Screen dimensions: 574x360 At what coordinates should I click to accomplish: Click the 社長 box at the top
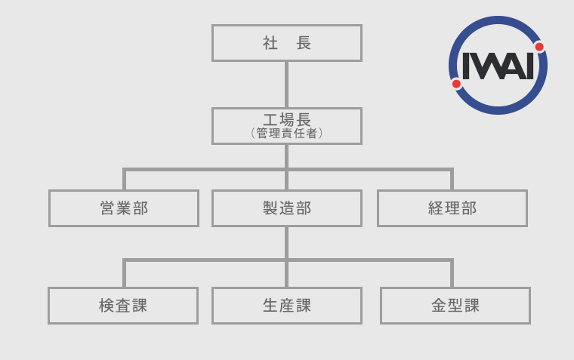coord(287,43)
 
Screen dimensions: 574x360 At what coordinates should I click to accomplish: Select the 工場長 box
coord(287,126)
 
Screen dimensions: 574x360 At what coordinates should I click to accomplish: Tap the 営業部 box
coord(124,208)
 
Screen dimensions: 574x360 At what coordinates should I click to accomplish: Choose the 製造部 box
coord(287,208)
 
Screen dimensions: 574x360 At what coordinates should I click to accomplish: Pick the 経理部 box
coord(452,208)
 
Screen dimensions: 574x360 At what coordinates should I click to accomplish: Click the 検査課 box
coord(123,306)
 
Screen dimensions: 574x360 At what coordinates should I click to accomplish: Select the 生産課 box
coord(287,306)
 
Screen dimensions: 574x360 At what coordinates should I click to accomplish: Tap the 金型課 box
coord(455,306)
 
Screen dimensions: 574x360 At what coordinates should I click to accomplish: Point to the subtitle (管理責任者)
coord(287,133)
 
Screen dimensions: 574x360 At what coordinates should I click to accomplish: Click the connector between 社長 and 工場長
coord(287,85)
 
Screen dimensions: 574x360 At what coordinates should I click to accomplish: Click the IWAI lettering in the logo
coord(498,66)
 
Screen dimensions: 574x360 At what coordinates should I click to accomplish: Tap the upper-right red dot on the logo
coord(539,47)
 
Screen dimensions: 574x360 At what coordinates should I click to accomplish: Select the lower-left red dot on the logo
coord(456,84)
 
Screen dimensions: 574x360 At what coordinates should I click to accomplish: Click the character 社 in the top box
coord(270,43)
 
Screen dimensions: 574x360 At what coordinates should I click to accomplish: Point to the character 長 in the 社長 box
coord(304,43)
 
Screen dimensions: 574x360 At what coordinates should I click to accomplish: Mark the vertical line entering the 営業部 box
coord(124,179)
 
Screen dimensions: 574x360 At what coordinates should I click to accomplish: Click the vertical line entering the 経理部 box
coord(452,179)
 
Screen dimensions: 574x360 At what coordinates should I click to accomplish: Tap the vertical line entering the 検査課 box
coord(124,273)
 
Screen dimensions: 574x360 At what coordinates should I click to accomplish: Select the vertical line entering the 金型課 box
coord(452,273)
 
